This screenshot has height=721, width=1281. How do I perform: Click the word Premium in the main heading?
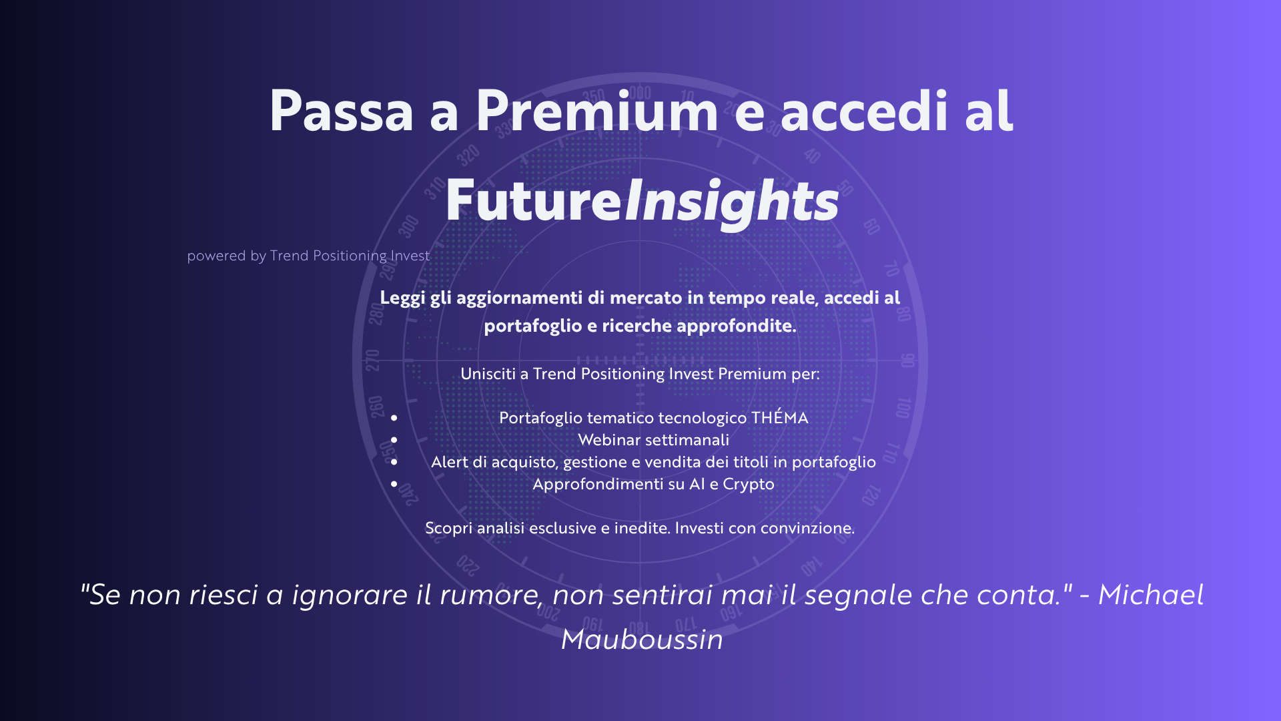596,111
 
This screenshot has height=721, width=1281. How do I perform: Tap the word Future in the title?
534,200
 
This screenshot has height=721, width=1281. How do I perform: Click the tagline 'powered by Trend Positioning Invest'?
308,256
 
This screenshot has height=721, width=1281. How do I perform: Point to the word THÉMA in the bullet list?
779,417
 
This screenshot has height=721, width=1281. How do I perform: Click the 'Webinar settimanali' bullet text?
653,440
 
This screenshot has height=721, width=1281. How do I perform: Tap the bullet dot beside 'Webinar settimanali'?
394,440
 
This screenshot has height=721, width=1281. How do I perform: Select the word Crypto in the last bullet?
749,485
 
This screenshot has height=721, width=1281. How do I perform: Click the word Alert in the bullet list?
450,462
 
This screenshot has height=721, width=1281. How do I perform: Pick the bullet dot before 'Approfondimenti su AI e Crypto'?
394,484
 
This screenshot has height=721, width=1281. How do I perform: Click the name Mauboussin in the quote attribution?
642,640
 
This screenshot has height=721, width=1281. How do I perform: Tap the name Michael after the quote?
1151,594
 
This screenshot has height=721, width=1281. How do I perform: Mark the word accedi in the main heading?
864,111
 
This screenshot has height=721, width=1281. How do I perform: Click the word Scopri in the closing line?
449,529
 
